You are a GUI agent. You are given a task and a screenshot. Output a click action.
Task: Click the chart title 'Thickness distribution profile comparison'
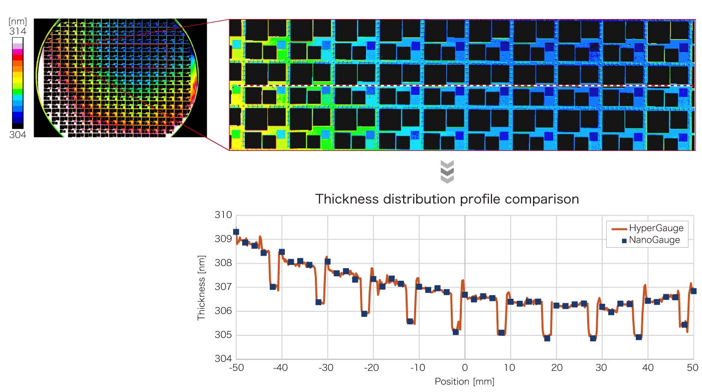point(447,199)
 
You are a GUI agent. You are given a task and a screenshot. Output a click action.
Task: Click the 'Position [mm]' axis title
point(464,382)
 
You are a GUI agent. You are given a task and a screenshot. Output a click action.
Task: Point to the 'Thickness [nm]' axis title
point(202,287)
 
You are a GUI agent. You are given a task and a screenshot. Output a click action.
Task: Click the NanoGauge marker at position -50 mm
point(236,232)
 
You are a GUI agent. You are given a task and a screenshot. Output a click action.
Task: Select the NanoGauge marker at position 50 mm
point(693,291)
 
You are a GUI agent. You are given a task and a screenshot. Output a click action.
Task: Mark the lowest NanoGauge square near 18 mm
point(547,338)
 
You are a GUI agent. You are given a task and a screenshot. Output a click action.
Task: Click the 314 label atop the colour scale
point(18,32)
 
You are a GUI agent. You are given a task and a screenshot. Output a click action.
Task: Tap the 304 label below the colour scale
point(18,134)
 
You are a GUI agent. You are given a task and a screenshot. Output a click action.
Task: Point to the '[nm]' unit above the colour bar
point(18,22)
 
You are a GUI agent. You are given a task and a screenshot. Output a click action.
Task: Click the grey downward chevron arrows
point(447,172)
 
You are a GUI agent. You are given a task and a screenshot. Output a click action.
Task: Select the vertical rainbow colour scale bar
point(18,83)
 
